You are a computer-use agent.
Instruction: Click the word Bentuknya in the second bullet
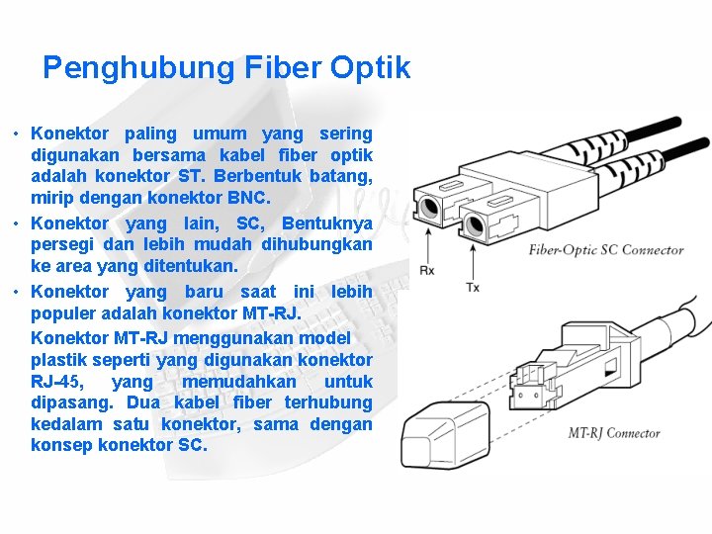pos(326,222)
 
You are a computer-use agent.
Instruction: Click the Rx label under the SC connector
pos(427,269)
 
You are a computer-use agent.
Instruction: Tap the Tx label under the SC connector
pos(473,287)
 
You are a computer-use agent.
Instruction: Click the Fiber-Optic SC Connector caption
pos(606,249)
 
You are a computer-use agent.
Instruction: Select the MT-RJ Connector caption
pos(614,432)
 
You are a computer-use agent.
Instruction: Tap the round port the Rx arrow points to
pos(429,209)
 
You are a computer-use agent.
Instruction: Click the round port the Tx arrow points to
pos(474,224)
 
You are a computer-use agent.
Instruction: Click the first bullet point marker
pos(17,133)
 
